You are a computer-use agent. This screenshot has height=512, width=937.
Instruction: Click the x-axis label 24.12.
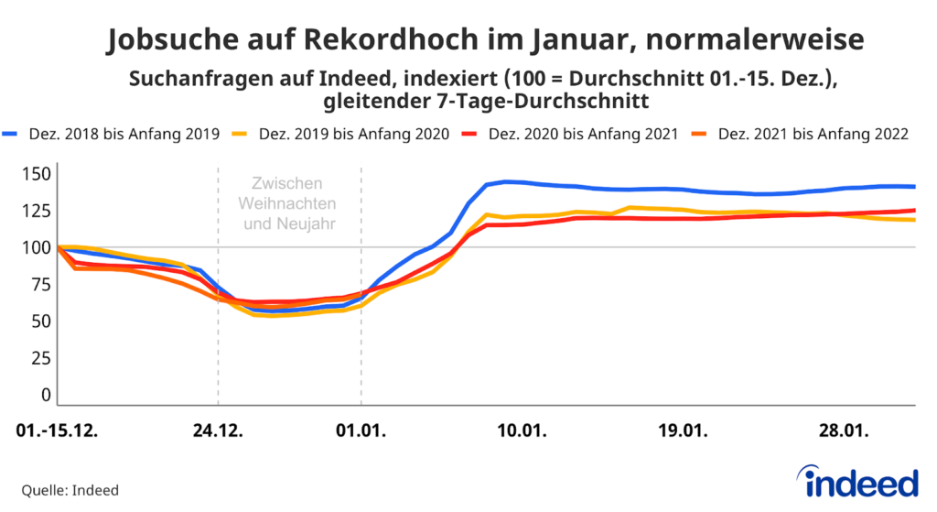pyautogui.click(x=218, y=430)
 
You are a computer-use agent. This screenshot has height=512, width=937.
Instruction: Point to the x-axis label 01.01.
pyautogui.click(x=361, y=430)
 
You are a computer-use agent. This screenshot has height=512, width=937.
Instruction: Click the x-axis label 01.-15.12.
pyautogui.click(x=58, y=430)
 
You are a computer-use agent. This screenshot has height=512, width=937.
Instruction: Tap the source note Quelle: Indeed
pyautogui.click(x=70, y=490)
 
